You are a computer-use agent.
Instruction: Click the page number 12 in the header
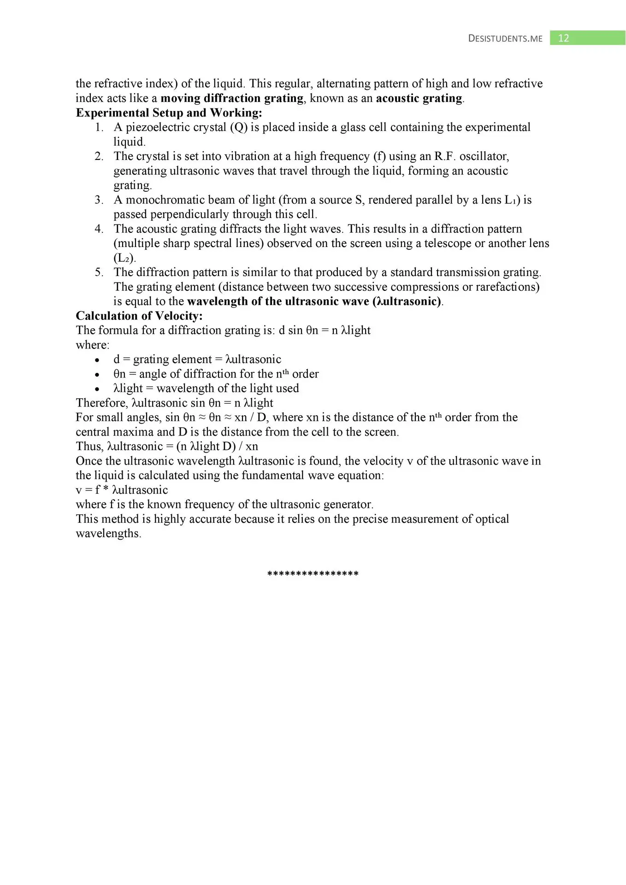(x=564, y=38)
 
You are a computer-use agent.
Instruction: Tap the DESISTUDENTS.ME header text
(x=505, y=39)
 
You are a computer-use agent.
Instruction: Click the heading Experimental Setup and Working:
(x=169, y=113)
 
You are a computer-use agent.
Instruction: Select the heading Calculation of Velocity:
(x=139, y=316)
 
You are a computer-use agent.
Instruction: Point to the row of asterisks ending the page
(x=313, y=574)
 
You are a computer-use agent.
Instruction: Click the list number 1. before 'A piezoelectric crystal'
(x=99, y=128)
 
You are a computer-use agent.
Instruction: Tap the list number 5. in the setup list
(x=99, y=272)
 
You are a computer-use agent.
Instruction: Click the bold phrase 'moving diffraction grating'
(x=232, y=98)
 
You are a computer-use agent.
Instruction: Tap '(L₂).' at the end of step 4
(x=124, y=258)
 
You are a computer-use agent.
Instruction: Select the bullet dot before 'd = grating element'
(x=97, y=360)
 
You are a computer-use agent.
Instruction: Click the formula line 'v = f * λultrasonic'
(x=122, y=490)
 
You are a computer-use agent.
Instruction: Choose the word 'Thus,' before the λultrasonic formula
(x=89, y=447)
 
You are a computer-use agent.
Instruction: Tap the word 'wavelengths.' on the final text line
(x=108, y=534)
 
